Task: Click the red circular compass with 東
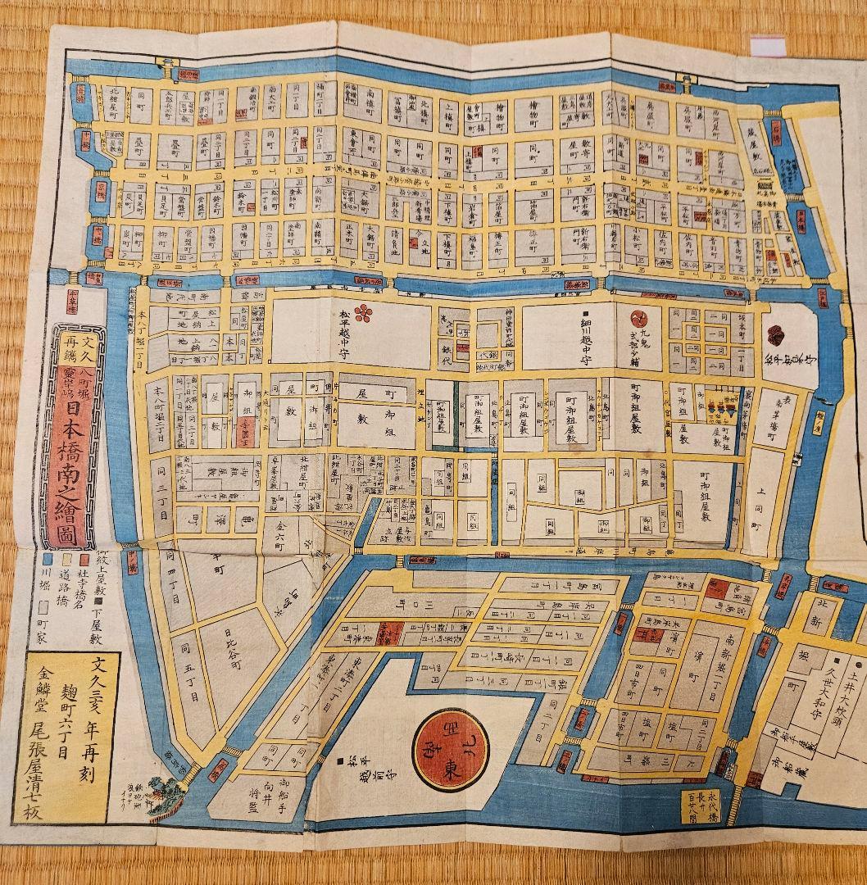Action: pyautogui.click(x=450, y=748)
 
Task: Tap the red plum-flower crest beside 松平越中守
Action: pyautogui.click(x=362, y=313)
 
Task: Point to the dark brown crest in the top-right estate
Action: pyautogui.click(x=775, y=334)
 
